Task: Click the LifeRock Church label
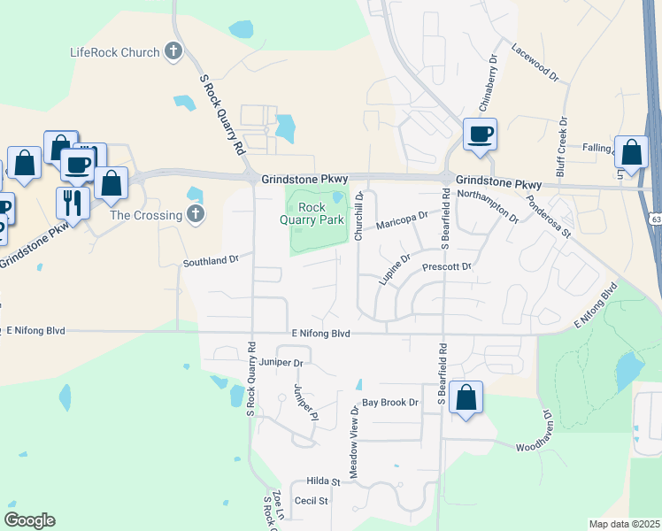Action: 115,52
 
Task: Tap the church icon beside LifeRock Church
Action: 173,51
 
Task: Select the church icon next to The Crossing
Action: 196,214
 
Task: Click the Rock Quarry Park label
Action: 319,213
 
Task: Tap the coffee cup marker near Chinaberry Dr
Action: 480,135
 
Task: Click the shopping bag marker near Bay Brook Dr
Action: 466,398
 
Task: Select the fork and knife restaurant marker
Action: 73,203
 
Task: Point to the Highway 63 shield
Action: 656,218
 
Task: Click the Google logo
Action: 29,519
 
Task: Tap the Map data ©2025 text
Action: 624,523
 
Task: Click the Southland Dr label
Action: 212,261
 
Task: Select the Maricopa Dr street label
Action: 402,219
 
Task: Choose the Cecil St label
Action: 311,501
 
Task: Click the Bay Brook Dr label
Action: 389,403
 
